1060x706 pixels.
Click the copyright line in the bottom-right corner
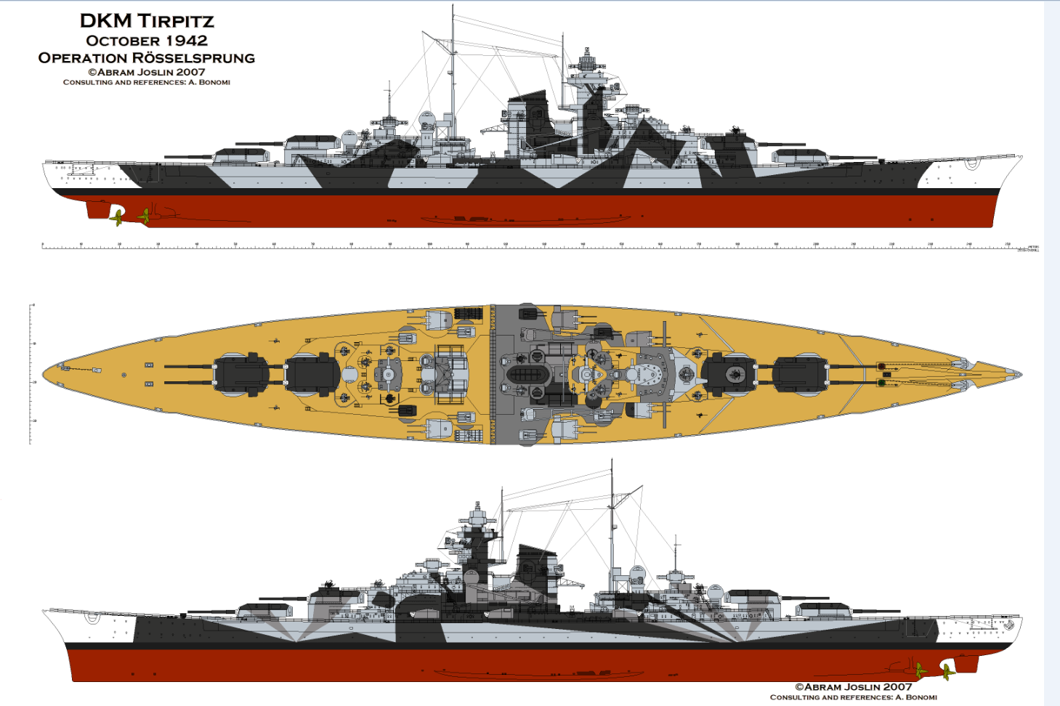coord(853,686)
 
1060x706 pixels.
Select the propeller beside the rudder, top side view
coord(118,216)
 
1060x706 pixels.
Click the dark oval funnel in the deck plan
coord(527,376)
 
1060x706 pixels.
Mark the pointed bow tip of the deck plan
coord(1019,375)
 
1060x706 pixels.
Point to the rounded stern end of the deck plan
coord(46,375)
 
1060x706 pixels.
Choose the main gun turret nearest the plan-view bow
coord(800,376)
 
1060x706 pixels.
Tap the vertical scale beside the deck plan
coord(31,374)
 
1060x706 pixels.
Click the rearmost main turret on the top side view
coord(240,154)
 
